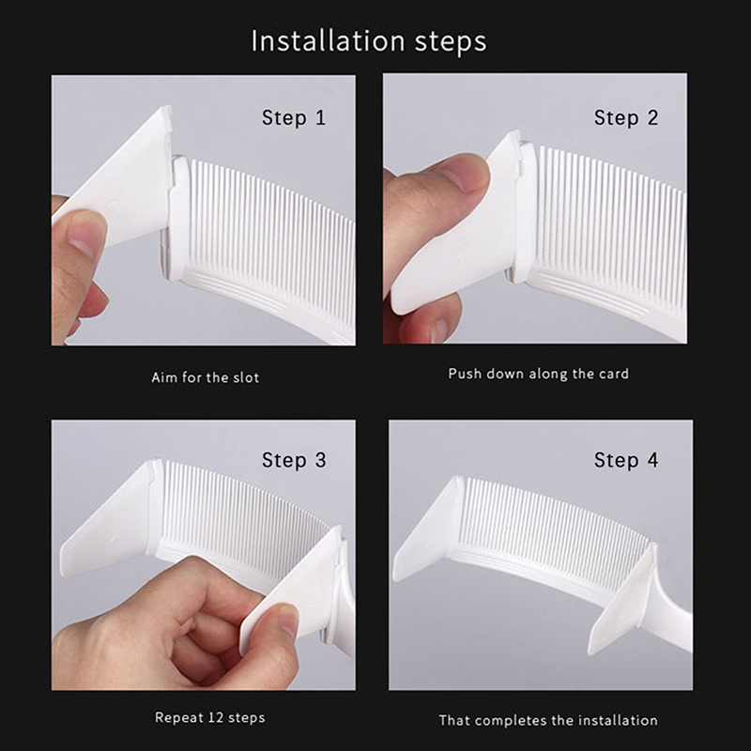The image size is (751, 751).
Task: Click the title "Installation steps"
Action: pos(369,41)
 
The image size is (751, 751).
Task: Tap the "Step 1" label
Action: pos(294,118)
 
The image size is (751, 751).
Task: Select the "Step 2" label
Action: pos(626,118)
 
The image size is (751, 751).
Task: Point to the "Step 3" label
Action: pos(294,460)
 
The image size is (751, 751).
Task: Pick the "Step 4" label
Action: pos(626,460)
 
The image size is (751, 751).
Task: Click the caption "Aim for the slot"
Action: pos(205,377)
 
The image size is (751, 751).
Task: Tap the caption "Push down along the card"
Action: pos(538,374)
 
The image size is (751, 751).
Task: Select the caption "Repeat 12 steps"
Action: pos(209,717)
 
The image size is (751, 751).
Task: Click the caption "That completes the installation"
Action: pos(548,720)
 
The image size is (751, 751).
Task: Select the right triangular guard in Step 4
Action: pos(622,604)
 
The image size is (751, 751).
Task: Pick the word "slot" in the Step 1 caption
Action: pos(246,377)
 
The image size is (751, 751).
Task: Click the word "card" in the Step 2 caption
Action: pos(614,374)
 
